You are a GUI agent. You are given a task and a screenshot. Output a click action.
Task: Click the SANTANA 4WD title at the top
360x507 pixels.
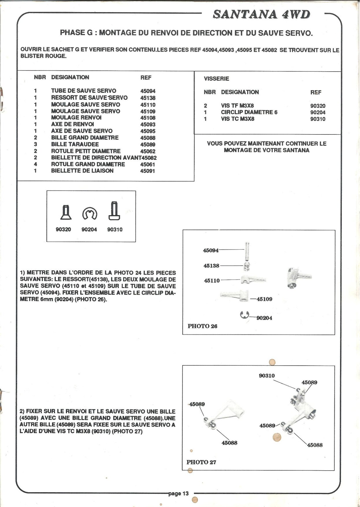coord(261,14)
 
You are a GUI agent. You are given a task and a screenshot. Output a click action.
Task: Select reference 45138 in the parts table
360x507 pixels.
coord(148,98)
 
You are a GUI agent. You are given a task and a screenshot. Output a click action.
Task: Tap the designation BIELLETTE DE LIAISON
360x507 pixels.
coord(82,171)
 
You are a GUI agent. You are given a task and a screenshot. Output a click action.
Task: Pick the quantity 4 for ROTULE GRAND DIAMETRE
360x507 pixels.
coord(35,164)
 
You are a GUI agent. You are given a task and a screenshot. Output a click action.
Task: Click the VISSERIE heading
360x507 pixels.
coord(216,79)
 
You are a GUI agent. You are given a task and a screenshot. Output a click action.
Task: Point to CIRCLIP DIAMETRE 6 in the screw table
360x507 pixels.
coord(249,112)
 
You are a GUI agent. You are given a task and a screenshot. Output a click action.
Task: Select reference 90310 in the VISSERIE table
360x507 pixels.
coord(318,119)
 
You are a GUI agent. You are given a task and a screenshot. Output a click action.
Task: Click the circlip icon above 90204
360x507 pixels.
coord(90,214)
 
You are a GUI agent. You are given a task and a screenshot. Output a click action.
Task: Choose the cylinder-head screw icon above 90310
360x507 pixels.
coord(114,211)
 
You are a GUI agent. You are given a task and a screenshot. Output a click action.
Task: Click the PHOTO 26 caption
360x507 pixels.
coord(202,326)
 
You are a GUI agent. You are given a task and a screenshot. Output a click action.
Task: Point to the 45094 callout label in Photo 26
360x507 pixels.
coord(211,250)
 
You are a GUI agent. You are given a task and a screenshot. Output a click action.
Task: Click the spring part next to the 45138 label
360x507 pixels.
coord(246,266)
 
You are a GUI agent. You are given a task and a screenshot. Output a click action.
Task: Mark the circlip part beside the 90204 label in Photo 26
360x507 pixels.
coord(244,315)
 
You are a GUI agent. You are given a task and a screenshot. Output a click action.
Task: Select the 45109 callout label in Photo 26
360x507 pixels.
coord(264,299)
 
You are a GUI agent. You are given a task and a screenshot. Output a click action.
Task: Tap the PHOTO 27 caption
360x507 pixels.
coord(201,462)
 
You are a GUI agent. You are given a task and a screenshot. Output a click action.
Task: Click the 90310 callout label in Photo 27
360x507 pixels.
coord(267,376)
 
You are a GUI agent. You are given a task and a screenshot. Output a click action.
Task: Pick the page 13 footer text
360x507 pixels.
coord(178,493)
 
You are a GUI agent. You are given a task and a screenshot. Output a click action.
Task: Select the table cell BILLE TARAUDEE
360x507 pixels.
coord(75,144)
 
